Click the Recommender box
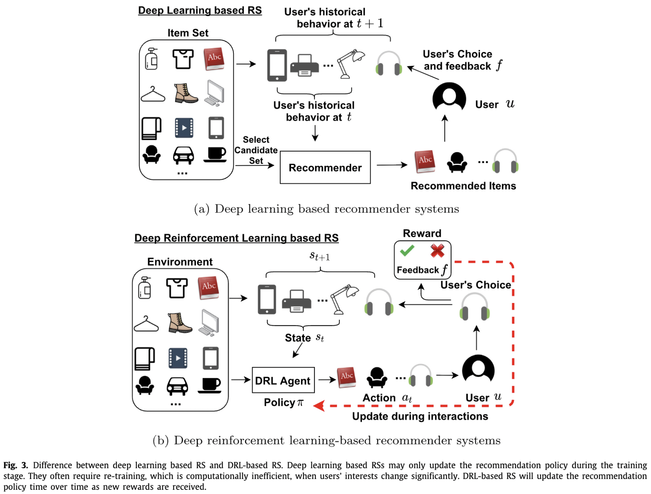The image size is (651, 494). pos(325,168)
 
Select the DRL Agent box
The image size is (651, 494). pos(283,380)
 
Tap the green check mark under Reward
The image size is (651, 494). pos(407,251)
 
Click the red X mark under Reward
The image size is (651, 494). pos(437,251)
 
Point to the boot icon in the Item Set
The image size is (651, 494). pos(186,93)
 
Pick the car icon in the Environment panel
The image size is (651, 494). pos(177,386)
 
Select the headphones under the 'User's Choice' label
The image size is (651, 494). pos(474,307)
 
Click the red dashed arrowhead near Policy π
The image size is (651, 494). pos(319,406)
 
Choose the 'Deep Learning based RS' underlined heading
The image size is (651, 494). pos(200,10)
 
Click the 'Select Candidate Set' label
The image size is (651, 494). pos(256,150)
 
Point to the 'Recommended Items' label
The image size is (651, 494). pos(463,186)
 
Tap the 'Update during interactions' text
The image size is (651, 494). pos(420,417)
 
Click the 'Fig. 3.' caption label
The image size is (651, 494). pos(16,465)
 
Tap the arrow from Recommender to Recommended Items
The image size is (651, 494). pos(392,165)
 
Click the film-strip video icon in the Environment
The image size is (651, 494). pos(178,358)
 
